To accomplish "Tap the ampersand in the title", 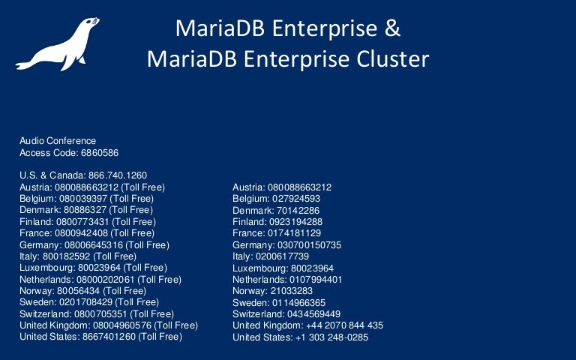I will tap(393, 29).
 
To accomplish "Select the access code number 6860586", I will tap(95, 152).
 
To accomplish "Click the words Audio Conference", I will tap(58, 141).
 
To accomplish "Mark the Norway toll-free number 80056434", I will tap(78, 291).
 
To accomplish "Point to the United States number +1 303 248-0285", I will tap(332, 337).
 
